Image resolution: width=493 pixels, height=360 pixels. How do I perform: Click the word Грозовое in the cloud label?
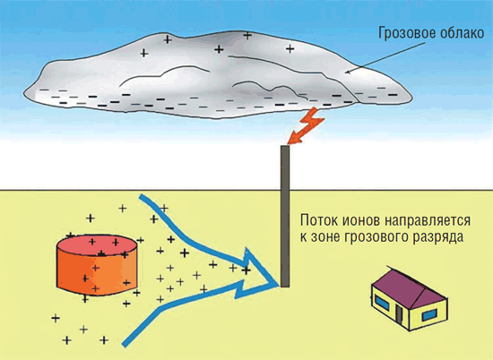click(x=402, y=34)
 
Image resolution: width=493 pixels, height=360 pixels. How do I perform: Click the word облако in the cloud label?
click(x=457, y=32)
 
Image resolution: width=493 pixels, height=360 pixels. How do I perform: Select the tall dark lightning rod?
click(x=285, y=216)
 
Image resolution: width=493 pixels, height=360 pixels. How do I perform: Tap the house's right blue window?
click(x=428, y=314)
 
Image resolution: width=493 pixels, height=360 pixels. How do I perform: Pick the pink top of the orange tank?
click(x=97, y=245)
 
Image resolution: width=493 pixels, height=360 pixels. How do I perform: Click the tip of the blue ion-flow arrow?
click(x=279, y=284)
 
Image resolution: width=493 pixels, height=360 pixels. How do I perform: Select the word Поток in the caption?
click(x=317, y=220)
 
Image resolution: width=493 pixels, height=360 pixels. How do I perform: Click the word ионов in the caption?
click(x=360, y=221)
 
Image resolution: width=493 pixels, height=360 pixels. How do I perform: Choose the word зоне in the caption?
click(x=324, y=237)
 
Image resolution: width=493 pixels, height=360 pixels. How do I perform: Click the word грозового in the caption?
click(x=376, y=238)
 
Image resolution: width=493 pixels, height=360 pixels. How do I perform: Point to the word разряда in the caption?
click(x=438, y=238)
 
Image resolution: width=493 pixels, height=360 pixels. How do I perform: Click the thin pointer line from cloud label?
click(x=386, y=58)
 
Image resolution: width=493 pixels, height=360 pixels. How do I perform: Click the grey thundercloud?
click(x=217, y=75)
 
